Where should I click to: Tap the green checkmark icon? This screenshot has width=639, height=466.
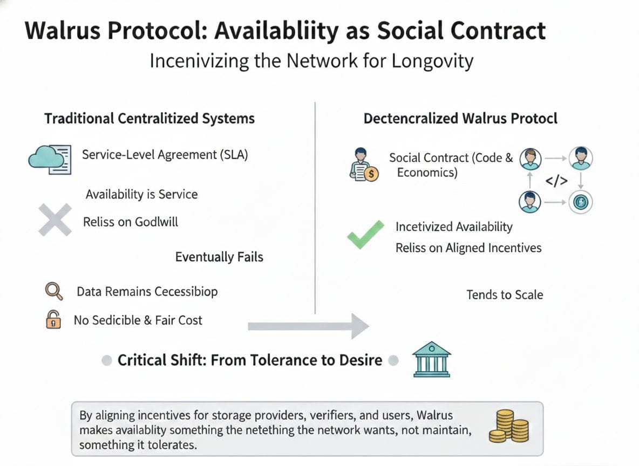(x=365, y=235)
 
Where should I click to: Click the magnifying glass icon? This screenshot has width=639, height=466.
(x=53, y=292)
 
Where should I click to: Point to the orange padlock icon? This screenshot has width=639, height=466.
(x=52, y=320)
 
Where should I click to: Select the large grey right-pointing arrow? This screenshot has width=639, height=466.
(x=308, y=326)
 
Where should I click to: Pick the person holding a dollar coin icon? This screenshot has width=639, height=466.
(x=364, y=164)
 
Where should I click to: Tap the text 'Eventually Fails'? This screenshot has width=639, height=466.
(x=219, y=257)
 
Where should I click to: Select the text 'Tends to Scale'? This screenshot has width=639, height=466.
(x=505, y=294)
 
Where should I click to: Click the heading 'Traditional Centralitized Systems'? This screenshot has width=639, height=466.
(x=149, y=119)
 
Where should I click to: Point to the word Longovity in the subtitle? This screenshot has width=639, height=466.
(x=430, y=60)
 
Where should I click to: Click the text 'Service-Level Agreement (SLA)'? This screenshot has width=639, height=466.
(x=165, y=155)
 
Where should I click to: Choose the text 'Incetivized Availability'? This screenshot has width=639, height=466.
(x=454, y=227)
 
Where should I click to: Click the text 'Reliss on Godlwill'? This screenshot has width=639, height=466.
(x=131, y=221)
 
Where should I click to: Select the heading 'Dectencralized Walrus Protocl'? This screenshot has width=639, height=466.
(x=460, y=119)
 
